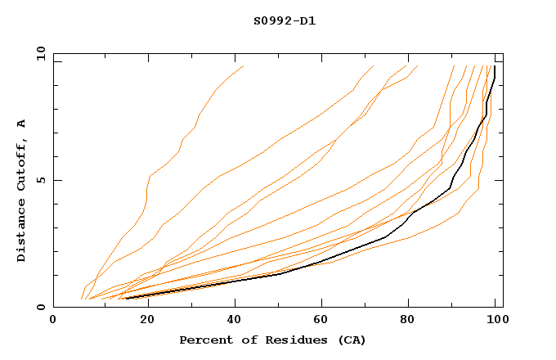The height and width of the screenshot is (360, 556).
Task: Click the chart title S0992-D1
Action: (285, 20)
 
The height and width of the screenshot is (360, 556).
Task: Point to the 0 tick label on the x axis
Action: (53, 321)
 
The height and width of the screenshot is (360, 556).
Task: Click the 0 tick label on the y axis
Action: (41, 308)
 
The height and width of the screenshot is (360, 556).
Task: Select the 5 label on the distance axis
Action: (41, 180)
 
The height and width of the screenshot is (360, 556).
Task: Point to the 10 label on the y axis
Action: (38, 53)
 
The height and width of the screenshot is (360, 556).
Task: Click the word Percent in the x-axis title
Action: (203, 340)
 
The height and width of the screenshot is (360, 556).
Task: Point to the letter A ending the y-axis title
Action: (22, 124)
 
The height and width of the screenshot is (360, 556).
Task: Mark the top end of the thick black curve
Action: (495, 67)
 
